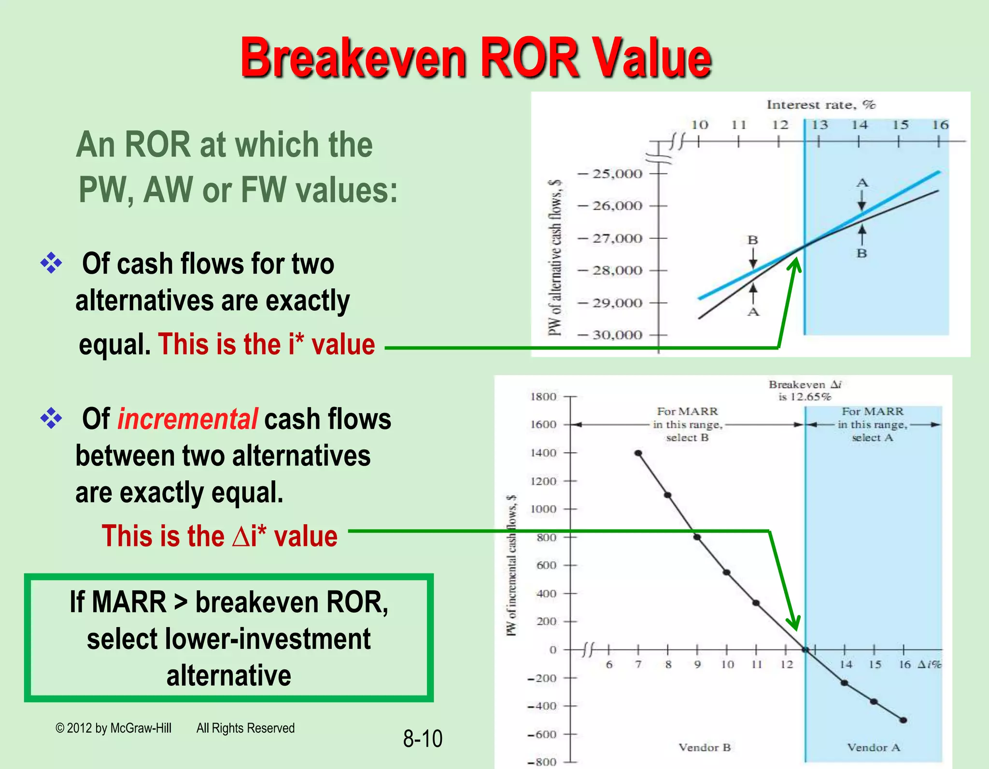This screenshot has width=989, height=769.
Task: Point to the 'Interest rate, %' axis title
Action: pos(820,105)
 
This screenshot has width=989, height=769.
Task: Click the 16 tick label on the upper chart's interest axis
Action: pos(940,125)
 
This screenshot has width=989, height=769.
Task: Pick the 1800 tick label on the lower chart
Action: pos(543,397)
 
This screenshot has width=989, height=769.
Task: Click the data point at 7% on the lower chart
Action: pos(638,453)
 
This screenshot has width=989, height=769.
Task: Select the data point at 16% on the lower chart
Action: pos(903,720)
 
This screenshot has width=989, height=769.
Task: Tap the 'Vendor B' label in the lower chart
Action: pos(705,747)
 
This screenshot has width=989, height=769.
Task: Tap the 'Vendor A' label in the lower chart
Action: pos(874,747)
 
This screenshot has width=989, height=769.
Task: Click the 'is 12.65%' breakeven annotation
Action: pos(805,397)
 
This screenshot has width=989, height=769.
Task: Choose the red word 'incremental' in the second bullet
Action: pos(188,419)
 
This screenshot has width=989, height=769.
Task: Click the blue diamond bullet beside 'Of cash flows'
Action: pos(51,264)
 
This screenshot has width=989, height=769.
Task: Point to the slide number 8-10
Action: pos(423,739)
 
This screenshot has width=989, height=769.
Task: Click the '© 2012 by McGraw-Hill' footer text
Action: pos(113,728)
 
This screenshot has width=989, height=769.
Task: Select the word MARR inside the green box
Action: pos(129,602)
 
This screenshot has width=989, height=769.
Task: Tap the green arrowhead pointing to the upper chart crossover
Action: pos(795,265)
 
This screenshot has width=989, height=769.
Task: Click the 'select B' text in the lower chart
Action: pos(687,438)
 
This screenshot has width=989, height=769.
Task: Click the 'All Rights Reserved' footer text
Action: pos(245,728)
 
